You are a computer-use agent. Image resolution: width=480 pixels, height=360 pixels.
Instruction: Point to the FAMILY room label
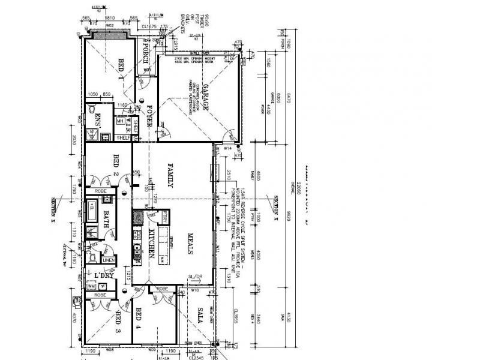170,176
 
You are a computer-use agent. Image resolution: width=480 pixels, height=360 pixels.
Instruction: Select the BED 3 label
118,321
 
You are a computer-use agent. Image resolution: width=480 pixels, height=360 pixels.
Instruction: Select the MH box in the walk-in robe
120,121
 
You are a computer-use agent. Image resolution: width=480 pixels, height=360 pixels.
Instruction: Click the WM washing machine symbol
91,287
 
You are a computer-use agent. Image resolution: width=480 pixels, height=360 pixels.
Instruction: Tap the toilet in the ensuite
91,110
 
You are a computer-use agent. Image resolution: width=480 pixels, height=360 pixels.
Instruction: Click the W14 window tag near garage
227,148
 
